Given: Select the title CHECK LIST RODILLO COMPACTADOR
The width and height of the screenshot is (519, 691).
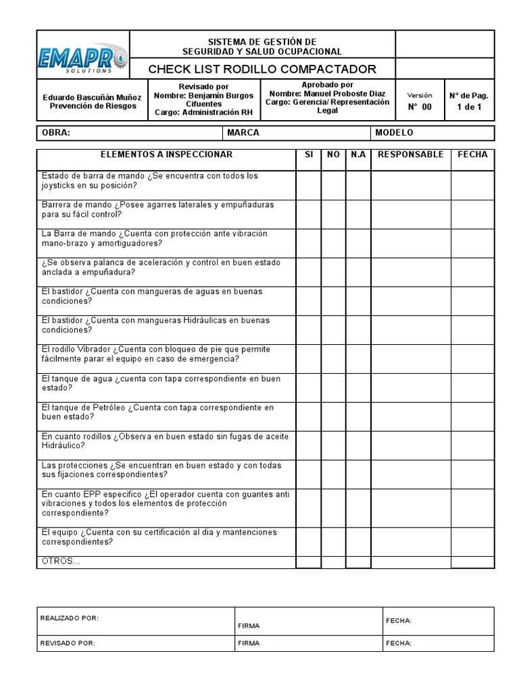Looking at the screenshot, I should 262,70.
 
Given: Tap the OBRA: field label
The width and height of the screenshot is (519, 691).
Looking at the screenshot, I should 56,133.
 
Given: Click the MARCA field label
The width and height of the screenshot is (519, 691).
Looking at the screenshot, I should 243,133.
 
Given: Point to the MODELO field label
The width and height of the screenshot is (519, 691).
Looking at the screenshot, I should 394,133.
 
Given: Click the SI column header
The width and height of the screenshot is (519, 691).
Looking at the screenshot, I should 309,155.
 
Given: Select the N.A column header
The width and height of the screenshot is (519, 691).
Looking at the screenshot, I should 358,155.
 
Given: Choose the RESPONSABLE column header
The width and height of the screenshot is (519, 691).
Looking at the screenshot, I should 411,155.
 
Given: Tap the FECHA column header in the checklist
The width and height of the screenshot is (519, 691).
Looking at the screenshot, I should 472,155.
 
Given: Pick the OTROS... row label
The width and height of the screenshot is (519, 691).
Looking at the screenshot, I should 61,561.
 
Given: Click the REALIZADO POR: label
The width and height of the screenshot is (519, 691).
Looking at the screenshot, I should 70,618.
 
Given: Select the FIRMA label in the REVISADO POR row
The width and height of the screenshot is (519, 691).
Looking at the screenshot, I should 249,643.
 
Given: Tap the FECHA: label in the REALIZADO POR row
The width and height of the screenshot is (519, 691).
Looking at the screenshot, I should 399,621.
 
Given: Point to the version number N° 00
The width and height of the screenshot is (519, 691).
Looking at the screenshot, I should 419,107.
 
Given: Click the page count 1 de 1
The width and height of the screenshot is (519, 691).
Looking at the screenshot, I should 469,107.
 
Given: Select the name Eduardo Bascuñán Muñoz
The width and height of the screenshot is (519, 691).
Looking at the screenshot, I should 92,96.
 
